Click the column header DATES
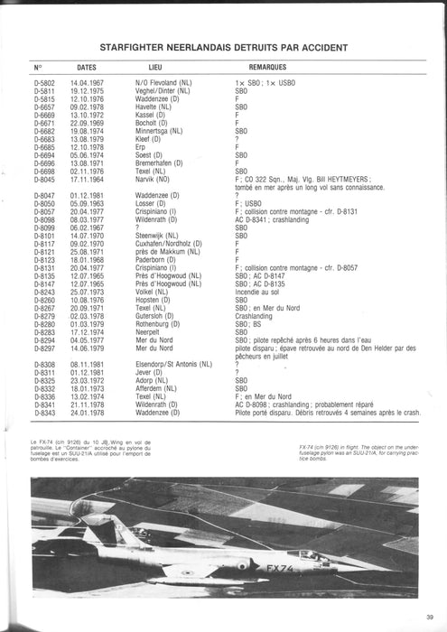point(87,68)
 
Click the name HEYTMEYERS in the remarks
point(346,179)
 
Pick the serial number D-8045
point(43,179)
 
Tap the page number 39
point(426,618)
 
